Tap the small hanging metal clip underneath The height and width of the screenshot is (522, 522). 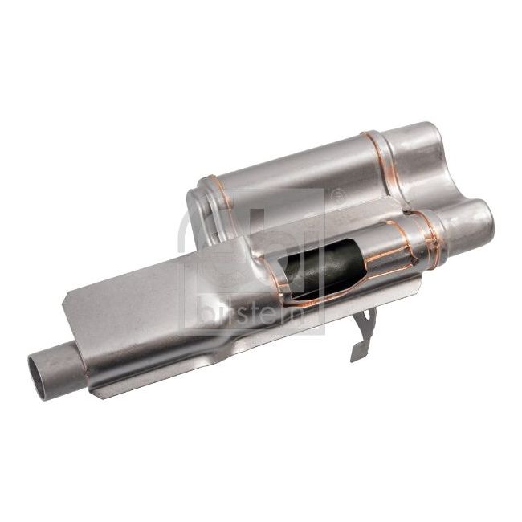[x=362, y=332]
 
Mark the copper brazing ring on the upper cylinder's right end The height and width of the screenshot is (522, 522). [x=376, y=165]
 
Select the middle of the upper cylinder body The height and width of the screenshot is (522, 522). [x=297, y=177]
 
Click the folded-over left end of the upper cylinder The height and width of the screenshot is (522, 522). [x=197, y=213]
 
